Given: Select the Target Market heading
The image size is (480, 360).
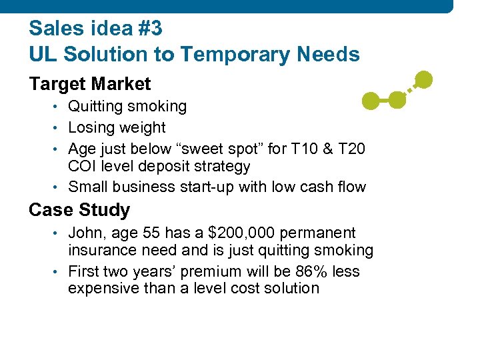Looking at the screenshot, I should click(x=90, y=84).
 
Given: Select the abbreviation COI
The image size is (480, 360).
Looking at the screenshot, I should click(x=83, y=167).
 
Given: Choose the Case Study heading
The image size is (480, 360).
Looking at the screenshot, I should click(x=79, y=210).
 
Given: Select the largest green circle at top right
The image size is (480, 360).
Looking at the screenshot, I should click(x=423, y=80).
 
